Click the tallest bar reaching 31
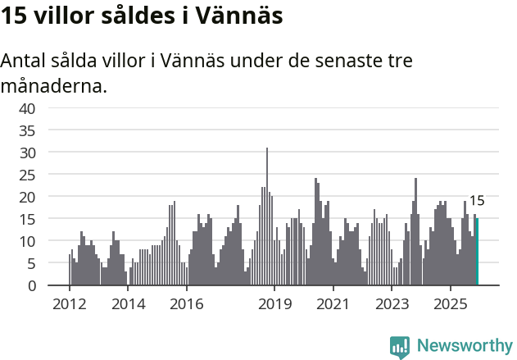click(x=267, y=217)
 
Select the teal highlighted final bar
click(x=477, y=253)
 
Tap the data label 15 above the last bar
click(x=477, y=200)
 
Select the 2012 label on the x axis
click(x=69, y=304)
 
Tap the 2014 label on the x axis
click(x=128, y=304)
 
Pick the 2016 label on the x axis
click(x=187, y=304)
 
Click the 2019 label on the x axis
click(x=274, y=304)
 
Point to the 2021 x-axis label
click(x=333, y=304)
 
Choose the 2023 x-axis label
click(x=392, y=304)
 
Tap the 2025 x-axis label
click(x=451, y=304)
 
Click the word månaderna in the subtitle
click(x=53, y=85)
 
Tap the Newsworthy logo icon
click(x=400, y=346)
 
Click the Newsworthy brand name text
click(x=464, y=346)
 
